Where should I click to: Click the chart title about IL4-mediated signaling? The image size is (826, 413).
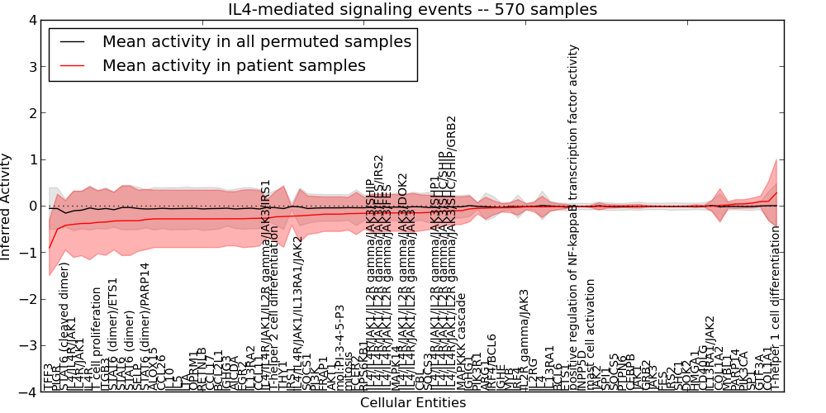[412, 10]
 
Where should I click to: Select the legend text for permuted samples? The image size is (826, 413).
[256, 41]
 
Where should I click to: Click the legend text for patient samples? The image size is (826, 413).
[234, 65]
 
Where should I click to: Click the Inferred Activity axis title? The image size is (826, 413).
[7, 206]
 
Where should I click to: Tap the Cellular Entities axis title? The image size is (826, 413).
[412, 403]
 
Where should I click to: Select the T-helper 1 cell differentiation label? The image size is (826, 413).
[775, 309]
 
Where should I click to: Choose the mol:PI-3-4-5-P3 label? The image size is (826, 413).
[339, 348]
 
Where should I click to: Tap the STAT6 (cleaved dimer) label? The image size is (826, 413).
[64, 327]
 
